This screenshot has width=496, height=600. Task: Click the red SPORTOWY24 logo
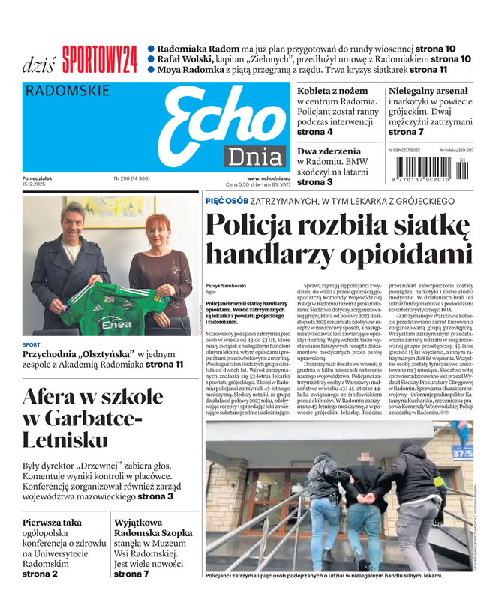[99, 58]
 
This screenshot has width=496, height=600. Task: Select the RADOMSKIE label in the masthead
[68, 91]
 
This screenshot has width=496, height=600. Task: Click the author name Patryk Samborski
[227, 286]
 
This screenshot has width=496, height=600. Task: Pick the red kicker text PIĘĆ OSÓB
[227, 201]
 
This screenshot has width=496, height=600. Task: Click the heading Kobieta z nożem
[332, 91]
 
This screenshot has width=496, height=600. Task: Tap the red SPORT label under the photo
[32, 344]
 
